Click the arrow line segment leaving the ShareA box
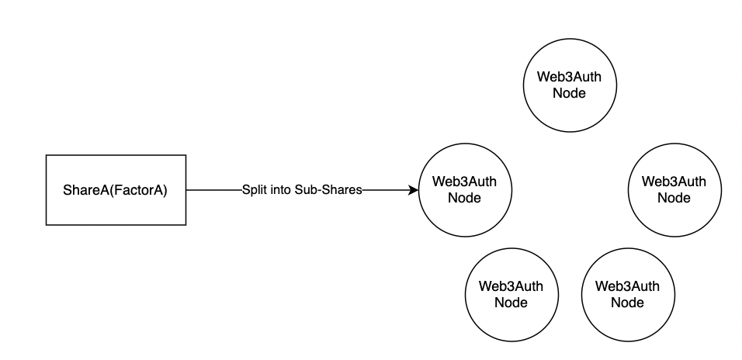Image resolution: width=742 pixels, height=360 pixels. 213,190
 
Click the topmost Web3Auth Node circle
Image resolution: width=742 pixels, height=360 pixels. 570,85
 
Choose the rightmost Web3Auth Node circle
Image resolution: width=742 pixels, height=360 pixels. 674,190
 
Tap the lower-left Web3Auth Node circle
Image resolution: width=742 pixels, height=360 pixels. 511,294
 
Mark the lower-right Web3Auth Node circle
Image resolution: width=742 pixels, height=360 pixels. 627,294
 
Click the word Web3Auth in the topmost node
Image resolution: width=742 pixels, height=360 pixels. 570,78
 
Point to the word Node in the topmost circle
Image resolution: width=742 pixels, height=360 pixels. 570,93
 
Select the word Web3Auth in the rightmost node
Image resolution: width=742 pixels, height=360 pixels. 674,182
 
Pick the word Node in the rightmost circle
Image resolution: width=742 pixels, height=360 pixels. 674,198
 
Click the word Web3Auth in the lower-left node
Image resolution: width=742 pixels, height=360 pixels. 511,286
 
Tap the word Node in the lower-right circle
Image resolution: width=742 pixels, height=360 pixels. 627,302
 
